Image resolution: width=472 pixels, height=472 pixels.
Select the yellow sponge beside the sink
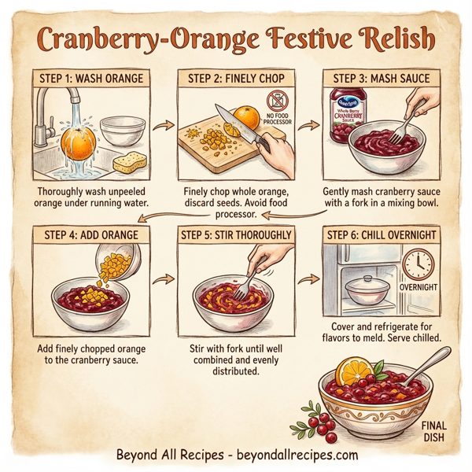[x=129, y=162]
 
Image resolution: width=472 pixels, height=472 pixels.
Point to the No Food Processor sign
[x=279, y=106]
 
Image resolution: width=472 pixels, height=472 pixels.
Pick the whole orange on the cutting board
[x=246, y=117]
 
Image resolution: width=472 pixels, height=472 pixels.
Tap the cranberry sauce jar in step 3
[x=344, y=115]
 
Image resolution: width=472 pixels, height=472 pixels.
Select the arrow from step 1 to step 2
[x=164, y=125]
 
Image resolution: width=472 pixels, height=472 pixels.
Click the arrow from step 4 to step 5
[x=164, y=278]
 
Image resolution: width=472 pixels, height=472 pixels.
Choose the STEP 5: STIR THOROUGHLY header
[x=236, y=234]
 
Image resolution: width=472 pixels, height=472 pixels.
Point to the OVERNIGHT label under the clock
[x=418, y=287]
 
